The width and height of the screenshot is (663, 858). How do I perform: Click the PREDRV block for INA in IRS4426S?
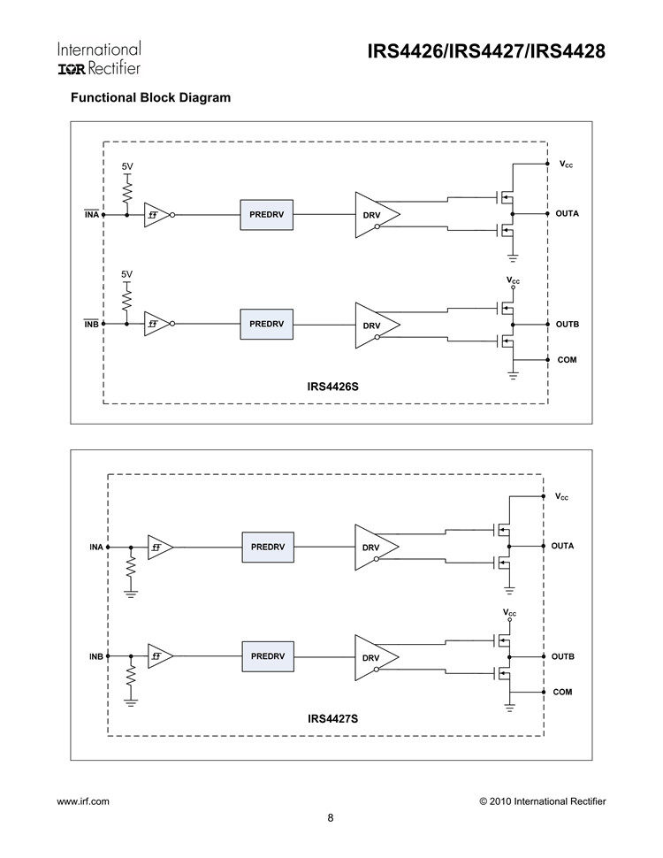pos(266,214)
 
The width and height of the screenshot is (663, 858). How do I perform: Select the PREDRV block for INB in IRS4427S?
pos(268,656)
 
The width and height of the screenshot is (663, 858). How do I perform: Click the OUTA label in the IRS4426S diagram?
pos(567,214)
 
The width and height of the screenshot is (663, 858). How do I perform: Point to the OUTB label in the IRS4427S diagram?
pos(562,656)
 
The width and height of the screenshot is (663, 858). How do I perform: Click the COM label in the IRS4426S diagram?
pos(567,360)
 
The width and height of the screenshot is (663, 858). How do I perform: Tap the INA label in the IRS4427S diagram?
pos(96,547)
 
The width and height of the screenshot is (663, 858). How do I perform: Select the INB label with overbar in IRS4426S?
pos(91,324)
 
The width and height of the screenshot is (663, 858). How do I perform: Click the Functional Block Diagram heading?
pos(150,97)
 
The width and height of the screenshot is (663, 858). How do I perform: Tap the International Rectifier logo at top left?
pos(99,57)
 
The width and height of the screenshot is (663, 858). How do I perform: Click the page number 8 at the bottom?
pos(331,817)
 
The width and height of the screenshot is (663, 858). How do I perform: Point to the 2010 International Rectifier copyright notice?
pos(542,801)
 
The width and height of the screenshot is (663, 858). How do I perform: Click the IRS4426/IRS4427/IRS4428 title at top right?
pos(485,52)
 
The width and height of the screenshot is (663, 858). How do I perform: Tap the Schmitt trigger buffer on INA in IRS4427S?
pos(158,548)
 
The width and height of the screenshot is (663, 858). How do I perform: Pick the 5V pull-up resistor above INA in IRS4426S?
pos(127,191)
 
